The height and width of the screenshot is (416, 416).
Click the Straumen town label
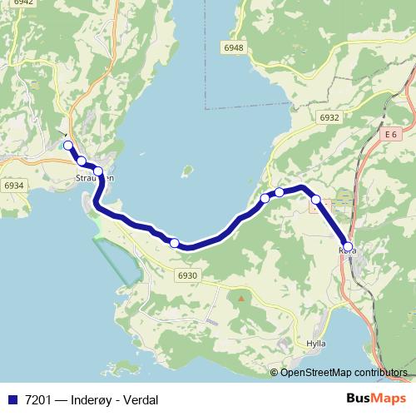click(x=94, y=178)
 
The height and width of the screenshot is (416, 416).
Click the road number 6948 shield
click(x=234, y=48)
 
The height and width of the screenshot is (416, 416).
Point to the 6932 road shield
click(x=329, y=118)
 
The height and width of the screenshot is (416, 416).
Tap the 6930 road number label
click(x=188, y=275)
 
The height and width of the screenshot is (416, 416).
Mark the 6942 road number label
click(x=23, y=2)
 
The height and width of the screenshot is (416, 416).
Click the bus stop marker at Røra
click(x=348, y=246)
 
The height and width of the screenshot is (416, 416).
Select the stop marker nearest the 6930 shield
click(x=175, y=243)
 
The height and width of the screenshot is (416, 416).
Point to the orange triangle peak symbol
click(x=241, y=298)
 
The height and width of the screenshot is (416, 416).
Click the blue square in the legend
click(x=12, y=400)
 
